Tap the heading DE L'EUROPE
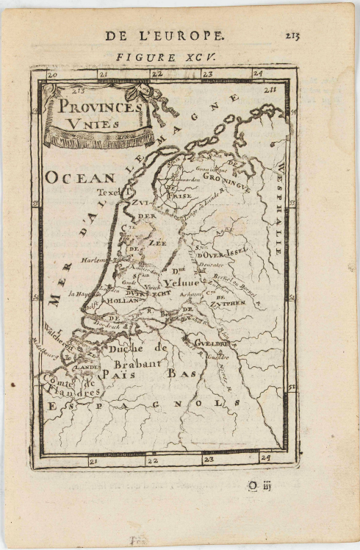[x=165, y=35]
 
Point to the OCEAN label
[x=80, y=177]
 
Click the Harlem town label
[x=97, y=259]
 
